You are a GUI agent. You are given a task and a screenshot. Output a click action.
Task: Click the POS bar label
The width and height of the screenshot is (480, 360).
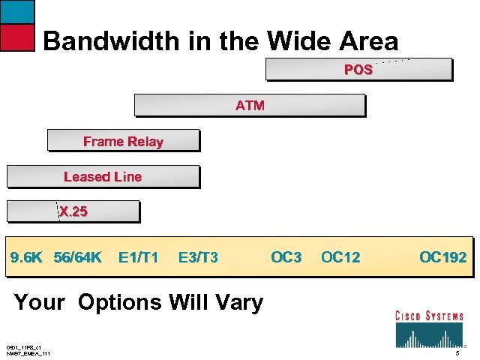[x=358, y=70]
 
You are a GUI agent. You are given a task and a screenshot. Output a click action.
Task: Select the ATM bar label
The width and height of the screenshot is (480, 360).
[x=250, y=106]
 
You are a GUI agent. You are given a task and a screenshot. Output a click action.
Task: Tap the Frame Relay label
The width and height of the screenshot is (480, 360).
[x=123, y=141]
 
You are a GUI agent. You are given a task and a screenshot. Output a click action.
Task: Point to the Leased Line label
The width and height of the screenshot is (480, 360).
[x=103, y=177]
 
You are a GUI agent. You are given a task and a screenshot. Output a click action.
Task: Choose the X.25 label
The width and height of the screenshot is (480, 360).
[x=73, y=212]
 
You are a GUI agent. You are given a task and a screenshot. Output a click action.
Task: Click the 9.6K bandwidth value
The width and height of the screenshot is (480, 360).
[x=25, y=258]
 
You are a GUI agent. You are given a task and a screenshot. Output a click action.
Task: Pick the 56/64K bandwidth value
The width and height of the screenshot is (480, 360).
[x=77, y=258]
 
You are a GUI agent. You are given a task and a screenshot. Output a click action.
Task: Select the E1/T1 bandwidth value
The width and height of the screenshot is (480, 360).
[x=138, y=258]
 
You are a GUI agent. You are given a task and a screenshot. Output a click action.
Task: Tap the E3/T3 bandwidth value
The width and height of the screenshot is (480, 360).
[x=198, y=258]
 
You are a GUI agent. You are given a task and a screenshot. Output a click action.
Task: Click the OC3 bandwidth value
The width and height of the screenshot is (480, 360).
[x=286, y=258]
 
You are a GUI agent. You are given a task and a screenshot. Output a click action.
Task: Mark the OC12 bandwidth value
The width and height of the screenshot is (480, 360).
[x=340, y=258]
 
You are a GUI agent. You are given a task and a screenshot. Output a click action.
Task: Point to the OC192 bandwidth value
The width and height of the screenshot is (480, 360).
[x=442, y=258]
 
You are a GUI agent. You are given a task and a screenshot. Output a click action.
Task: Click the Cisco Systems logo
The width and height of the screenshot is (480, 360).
[x=429, y=328]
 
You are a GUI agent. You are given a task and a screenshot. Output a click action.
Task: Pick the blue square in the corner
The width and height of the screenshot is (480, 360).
[x=17, y=11]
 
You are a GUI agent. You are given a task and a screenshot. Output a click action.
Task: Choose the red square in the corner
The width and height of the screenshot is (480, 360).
[x=17, y=37]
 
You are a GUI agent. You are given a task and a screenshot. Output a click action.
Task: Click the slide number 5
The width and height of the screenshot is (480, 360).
[x=457, y=353]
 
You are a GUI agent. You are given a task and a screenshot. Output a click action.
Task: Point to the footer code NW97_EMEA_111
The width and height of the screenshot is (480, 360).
[x=28, y=353]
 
